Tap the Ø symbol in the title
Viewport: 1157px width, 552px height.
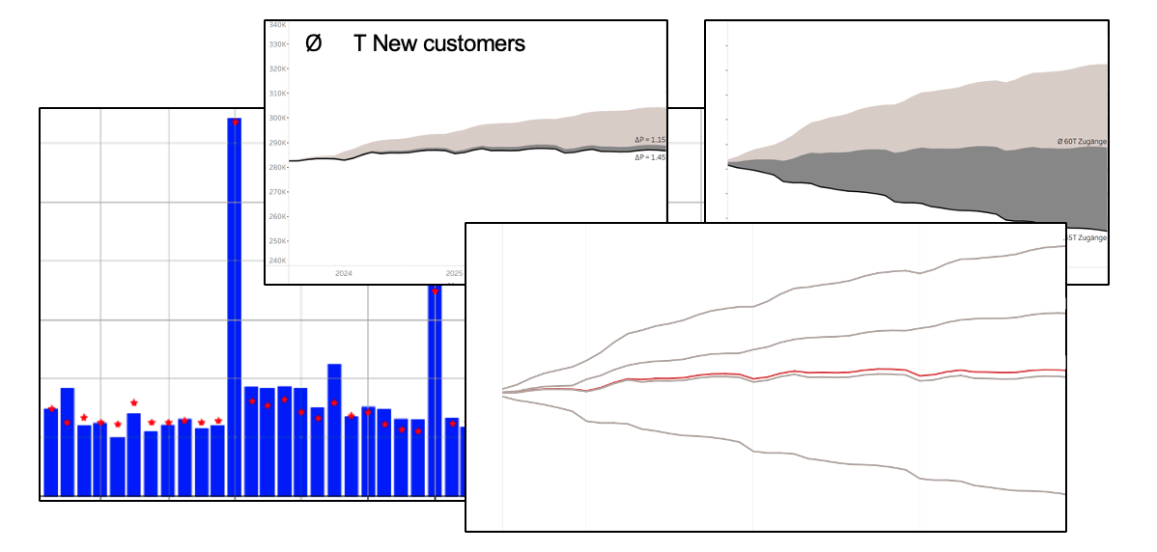(313, 43)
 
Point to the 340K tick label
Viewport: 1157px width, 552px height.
(277, 25)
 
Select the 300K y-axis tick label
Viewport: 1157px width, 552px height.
(277, 119)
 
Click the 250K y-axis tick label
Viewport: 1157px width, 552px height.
(277, 241)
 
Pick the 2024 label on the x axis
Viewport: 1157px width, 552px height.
(343, 273)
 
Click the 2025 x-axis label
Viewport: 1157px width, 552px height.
(454, 273)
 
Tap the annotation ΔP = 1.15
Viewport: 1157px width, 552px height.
(649, 140)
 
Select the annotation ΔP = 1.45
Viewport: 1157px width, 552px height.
(649, 156)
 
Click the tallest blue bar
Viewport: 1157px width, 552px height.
(234, 309)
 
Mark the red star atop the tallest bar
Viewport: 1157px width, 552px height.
(235, 123)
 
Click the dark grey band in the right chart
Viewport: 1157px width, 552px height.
(966, 183)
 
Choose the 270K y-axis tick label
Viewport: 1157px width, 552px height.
(277, 192)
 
